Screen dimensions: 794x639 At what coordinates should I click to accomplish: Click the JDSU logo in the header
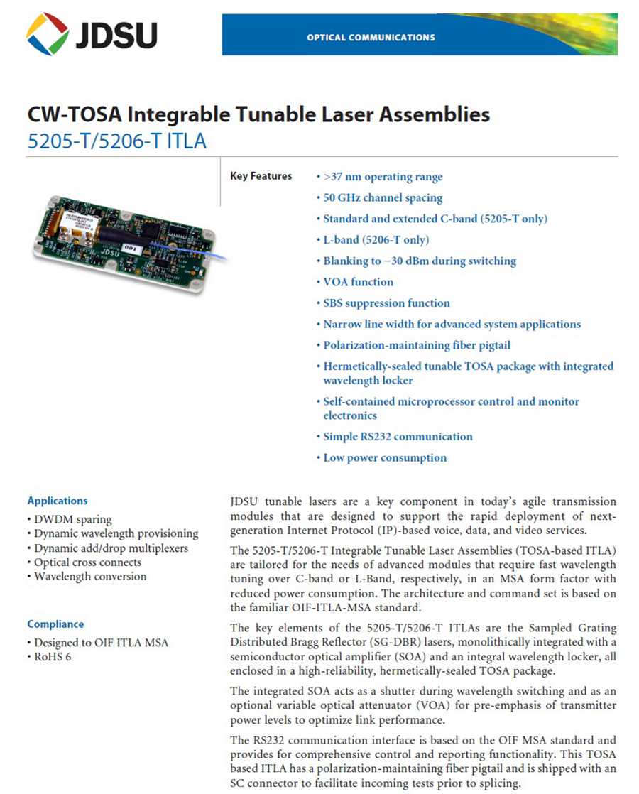92,34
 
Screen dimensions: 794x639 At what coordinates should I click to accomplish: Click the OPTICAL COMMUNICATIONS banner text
371,37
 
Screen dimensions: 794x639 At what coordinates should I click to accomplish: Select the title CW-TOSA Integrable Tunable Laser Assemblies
258,114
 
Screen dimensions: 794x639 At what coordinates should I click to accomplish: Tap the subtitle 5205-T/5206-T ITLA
116,141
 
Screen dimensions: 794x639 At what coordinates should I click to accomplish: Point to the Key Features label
261,176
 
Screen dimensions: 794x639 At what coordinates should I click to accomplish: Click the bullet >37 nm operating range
382,177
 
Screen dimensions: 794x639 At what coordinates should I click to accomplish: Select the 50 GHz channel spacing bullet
382,197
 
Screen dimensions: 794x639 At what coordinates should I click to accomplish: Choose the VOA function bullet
358,282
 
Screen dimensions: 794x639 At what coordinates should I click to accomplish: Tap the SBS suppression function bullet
386,303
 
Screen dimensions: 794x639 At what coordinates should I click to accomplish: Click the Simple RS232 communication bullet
398,437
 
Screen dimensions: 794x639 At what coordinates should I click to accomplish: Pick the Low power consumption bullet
385,458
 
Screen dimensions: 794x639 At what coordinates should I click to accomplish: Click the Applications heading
58,501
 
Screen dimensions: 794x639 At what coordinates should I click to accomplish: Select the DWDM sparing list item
72,519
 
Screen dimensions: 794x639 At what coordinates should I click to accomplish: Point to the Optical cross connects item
87,562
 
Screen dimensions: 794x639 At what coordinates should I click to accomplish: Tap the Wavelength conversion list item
90,576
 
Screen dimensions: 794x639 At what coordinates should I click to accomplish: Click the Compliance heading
55,624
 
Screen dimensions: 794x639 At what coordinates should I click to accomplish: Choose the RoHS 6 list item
53,657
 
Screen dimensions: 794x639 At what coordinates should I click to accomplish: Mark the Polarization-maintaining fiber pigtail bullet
416,345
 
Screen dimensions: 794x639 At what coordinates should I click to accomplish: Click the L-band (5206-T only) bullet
376,240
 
